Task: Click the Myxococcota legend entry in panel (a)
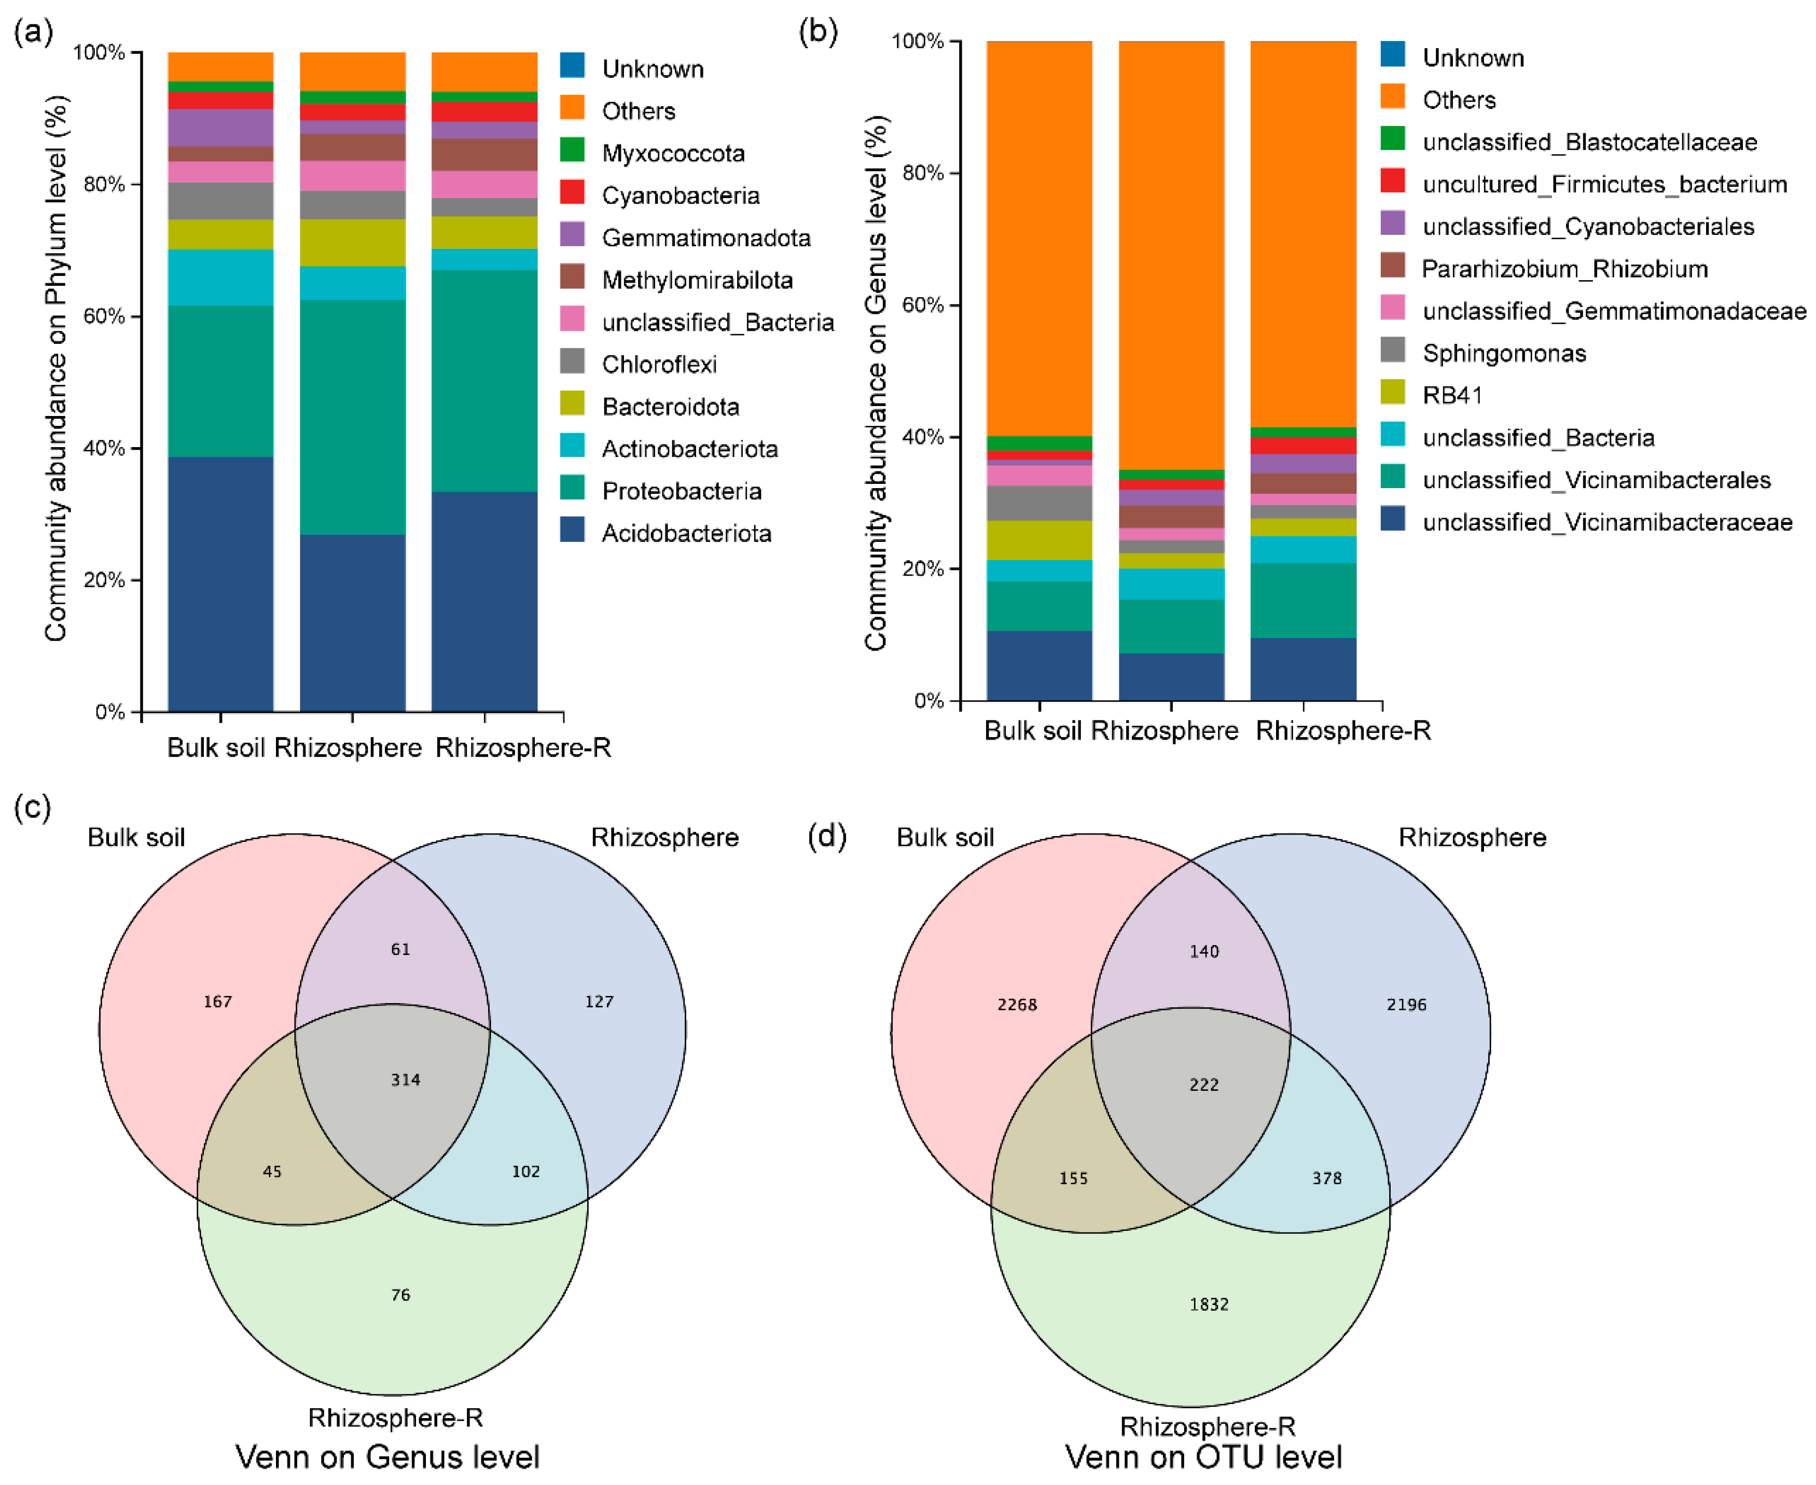point(672,153)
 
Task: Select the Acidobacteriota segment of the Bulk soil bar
point(220,584)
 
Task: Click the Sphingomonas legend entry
point(1503,353)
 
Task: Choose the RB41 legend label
point(1451,395)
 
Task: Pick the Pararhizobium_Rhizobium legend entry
point(1564,269)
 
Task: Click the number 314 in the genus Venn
point(406,1079)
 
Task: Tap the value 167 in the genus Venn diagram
point(217,1001)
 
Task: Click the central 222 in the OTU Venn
point(1203,1085)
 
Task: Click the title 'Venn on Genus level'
point(387,1456)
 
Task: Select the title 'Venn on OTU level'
point(1203,1456)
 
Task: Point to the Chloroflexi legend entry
point(659,365)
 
